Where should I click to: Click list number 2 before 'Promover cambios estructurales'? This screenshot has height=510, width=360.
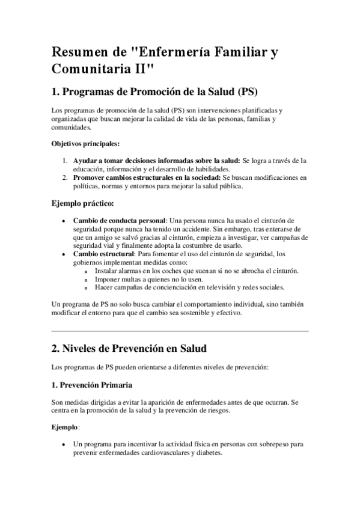coord(64,177)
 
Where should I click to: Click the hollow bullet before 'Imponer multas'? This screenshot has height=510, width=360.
coord(88,279)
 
